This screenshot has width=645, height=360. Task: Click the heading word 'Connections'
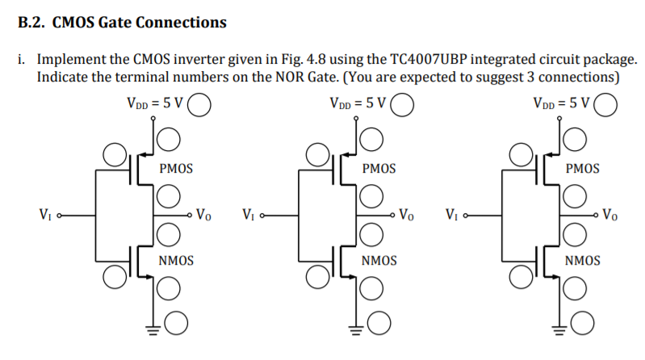pos(181,23)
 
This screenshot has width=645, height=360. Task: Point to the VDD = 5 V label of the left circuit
pos(155,103)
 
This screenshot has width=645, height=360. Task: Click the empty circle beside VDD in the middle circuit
pos(403,104)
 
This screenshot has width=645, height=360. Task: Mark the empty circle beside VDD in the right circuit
pos(606,104)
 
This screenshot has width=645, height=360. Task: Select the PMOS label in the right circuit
pos(582,169)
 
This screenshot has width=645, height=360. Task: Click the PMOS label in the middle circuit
pos(379,169)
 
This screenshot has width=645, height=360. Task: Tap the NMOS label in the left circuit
pos(175,261)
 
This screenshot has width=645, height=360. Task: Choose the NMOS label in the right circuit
pos(582,261)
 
